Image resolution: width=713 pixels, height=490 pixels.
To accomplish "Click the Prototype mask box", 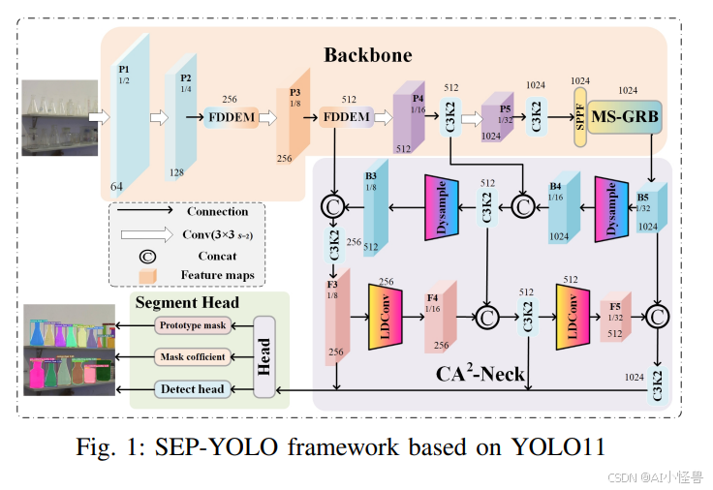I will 193,325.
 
